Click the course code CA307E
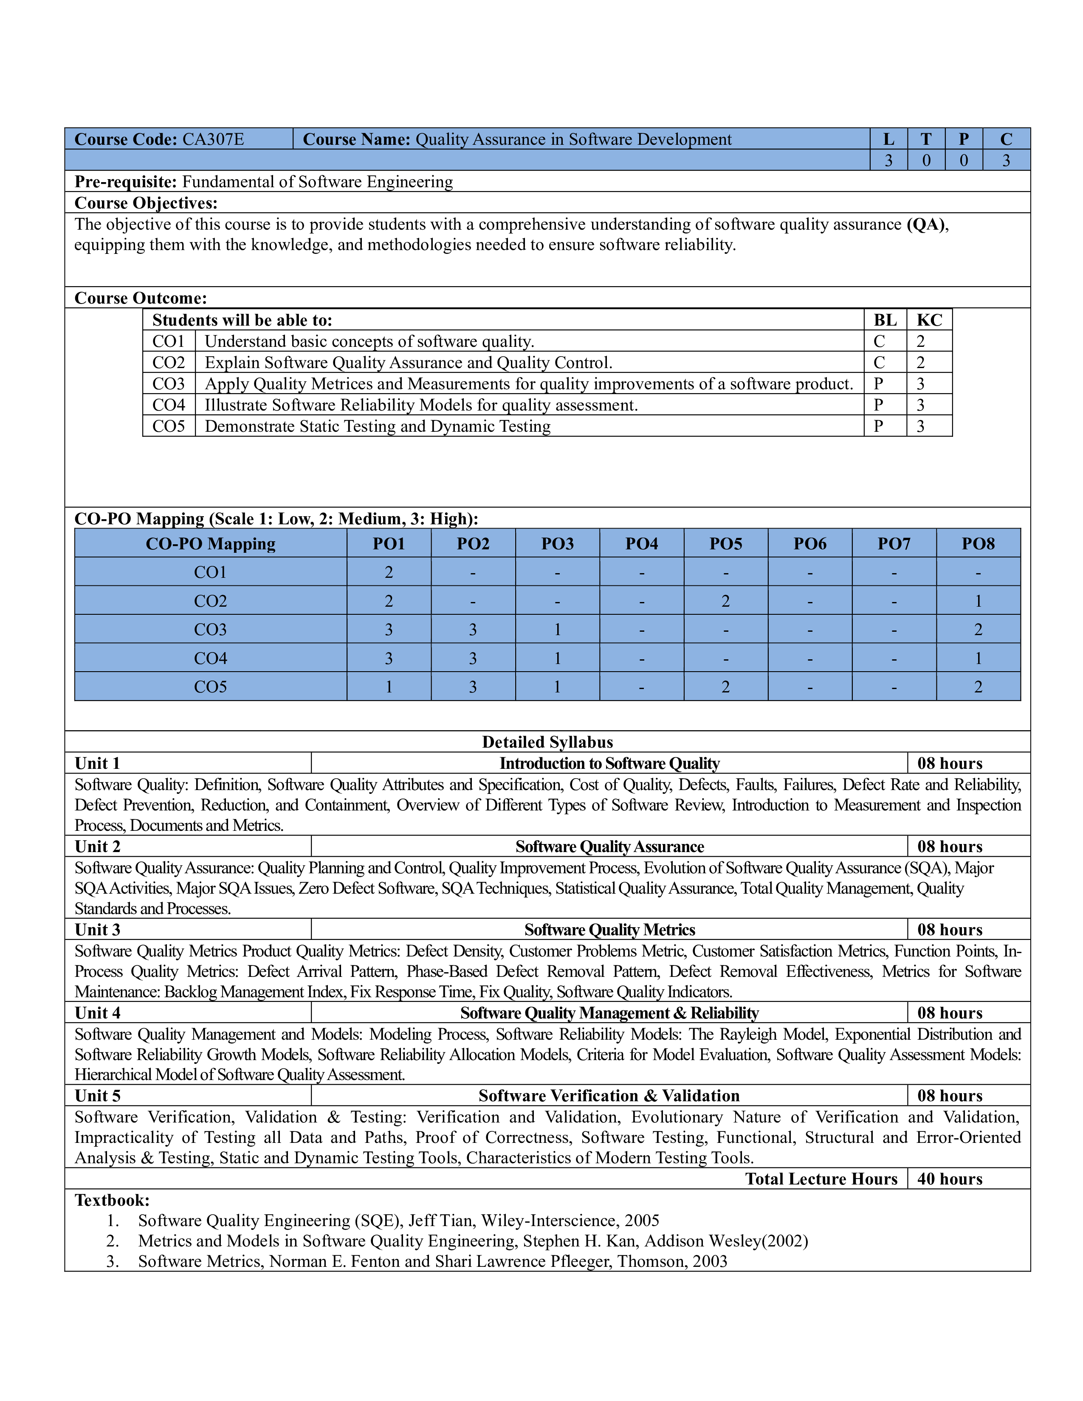pos(213,139)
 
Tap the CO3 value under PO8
pos(978,629)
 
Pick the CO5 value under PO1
pos(388,686)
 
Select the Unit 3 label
pos(98,929)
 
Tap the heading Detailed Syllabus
pos(547,742)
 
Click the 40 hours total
pos(950,1179)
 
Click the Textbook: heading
pos(112,1200)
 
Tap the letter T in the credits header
pos(926,139)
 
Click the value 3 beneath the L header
pos(888,160)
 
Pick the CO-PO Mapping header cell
pos(210,543)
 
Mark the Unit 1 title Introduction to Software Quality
pos(609,763)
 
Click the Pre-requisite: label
pos(126,182)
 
